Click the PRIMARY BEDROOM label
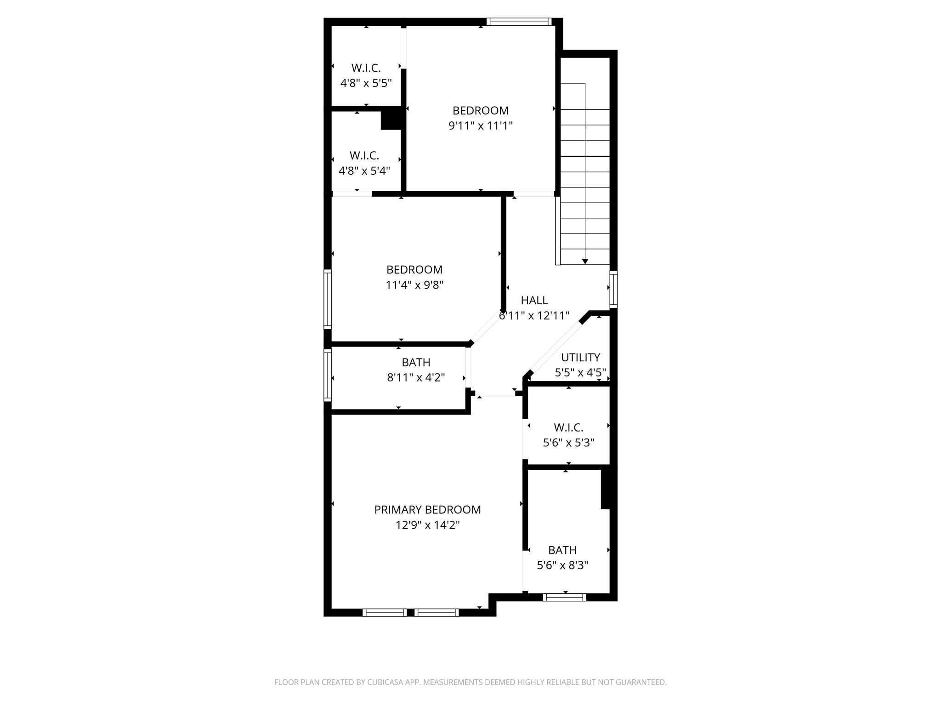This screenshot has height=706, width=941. tap(427, 510)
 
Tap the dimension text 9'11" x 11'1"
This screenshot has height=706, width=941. tap(480, 125)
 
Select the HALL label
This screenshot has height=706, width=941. tap(534, 300)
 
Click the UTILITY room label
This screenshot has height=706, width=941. tap(580, 357)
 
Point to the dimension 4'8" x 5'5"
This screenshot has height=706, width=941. tap(366, 83)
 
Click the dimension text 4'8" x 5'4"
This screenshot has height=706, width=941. tap(364, 171)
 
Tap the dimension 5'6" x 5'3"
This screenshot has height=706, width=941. tap(568, 443)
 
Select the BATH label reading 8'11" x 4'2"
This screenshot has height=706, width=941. tap(416, 362)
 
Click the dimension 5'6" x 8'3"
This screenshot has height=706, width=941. tap(562, 565)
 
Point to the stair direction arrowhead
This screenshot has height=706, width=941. tap(585, 262)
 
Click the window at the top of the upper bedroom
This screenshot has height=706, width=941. tap(519, 21)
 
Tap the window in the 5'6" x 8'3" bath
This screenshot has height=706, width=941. tap(564, 597)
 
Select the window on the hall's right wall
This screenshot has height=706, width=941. tap(613, 289)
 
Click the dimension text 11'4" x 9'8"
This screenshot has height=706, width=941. tap(414, 285)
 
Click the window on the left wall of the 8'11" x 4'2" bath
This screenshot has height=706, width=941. tap(328, 375)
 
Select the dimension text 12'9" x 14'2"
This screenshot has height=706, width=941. tap(427, 525)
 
